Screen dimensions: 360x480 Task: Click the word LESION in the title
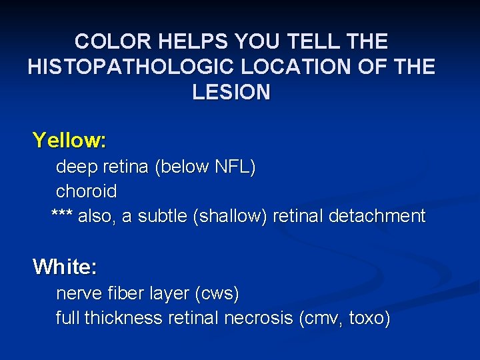click(x=231, y=92)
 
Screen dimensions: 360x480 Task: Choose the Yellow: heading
click(x=69, y=141)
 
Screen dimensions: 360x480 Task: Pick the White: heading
click(x=65, y=267)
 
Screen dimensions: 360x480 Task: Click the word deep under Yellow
click(x=76, y=167)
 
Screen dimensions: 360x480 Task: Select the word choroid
click(x=86, y=191)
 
